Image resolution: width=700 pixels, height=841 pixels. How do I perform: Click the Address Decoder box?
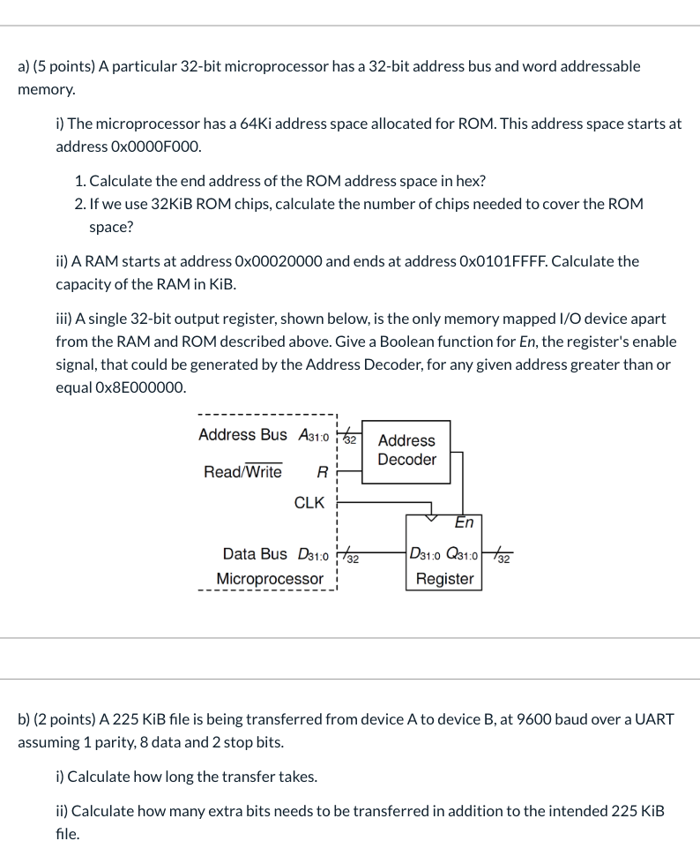click(406, 450)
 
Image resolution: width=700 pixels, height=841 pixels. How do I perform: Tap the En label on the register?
click(464, 523)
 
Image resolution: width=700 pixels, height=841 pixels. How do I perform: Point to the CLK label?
click(309, 503)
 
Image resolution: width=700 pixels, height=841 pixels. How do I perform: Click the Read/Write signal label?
click(242, 472)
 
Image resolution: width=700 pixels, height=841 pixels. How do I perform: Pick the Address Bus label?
click(242, 435)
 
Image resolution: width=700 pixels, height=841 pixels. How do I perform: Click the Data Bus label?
click(255, 554)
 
